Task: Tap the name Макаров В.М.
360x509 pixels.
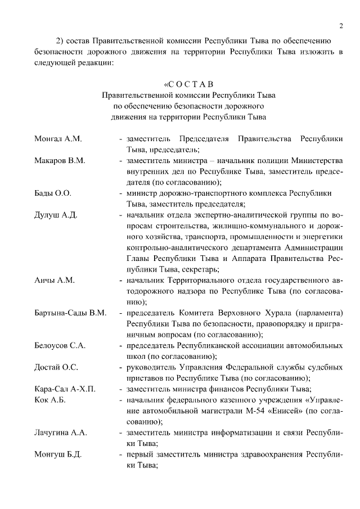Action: [59, 161]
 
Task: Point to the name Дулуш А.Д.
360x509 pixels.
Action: [55, 215]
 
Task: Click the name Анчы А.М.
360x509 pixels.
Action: [54, 280]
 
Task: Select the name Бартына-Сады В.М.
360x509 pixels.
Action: [70, 313]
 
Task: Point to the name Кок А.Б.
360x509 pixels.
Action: [50, 400]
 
